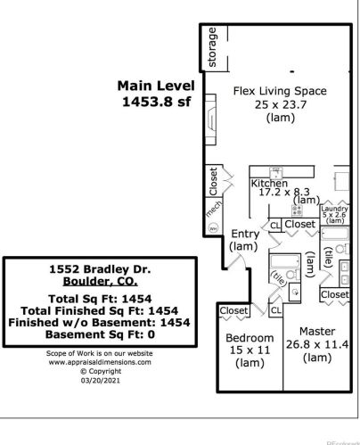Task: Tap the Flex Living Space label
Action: tap(279, 91)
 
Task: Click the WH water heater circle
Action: tap(212, 228)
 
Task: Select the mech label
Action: tap(213, 210)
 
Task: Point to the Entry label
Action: tap(244, 234)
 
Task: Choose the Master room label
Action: tap(316, 329)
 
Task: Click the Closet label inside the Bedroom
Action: tap(234, 310)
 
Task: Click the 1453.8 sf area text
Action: tap(157, 103)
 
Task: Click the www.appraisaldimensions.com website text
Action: tap(99, 362)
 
